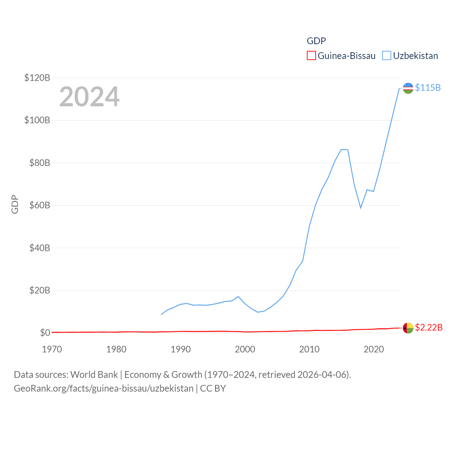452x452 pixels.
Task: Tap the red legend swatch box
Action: click(x=311, y=56)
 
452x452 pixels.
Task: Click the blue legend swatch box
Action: click(x=387, y=56)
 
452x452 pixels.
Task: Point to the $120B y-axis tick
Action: click(x=37, y=78)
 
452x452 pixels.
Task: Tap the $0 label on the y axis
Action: click(x=45, y=333)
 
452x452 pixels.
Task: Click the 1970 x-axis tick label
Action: click(x=52, y=349)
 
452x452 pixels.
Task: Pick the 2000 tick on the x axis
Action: click(x=245, y=349)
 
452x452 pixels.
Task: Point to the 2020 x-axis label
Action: click(x=374, y=349)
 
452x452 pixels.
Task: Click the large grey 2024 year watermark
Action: click(x=89, y=97)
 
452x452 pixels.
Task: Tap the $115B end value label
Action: click(x=428, y=88)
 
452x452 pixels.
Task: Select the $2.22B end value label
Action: click(x=429, y=328)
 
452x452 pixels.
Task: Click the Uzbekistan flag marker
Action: click(x=408, y=88)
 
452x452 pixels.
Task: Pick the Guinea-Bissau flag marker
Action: click(x=408, y=328)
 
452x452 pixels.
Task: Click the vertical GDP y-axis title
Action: click(x=15, y=204)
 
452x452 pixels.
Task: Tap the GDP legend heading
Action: click(x=316, y=41)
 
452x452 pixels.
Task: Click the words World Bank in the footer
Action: click(x=94, y=374)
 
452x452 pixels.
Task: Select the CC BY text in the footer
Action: click(x=213, y=388)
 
